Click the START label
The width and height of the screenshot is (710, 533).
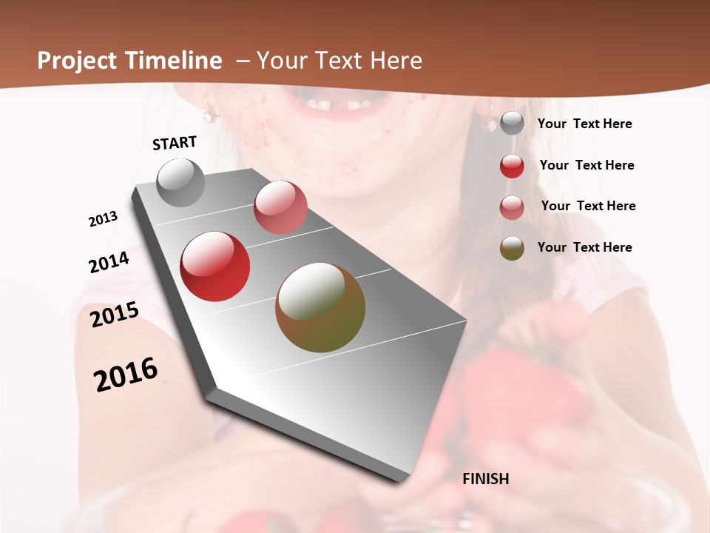click(x=175, y=142)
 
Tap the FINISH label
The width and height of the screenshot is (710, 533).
click(x=485, y=479)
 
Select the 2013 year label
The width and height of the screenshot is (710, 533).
click(x=103, y=219)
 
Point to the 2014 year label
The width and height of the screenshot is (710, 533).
click(x=109, y=262)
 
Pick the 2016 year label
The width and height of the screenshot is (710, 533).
click(x=126, y=374)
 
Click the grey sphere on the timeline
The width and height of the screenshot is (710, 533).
click(x=180, y=182)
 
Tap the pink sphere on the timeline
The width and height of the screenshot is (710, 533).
click(x=280, y=207)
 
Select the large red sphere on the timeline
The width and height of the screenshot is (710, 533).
click(x=215, y=266)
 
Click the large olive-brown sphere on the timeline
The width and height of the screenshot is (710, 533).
click(x=320, y=307)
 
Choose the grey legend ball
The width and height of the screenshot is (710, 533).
click(x=512, y=124)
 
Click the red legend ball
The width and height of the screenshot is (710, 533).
click(x=512, y=166)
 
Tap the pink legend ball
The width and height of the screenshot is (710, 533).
click(x=512, y=207)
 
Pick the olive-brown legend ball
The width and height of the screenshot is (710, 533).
click(x=512, y=248)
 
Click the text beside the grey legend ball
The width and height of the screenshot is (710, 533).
click(x=584, y=124)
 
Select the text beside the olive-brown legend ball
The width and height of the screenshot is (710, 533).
click(x=584, y=247)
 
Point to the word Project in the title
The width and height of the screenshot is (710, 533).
click(x=78, y=61)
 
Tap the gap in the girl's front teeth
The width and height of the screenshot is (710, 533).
click(x=339, y=106)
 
